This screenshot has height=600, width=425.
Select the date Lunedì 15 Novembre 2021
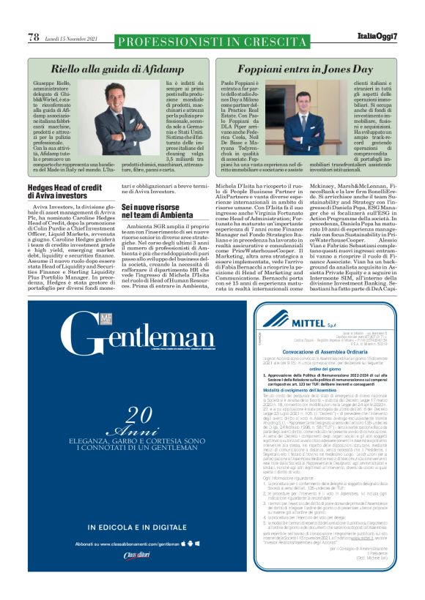71,37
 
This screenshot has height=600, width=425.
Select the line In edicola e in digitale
139,527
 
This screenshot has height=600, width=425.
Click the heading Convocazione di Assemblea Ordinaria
333,352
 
